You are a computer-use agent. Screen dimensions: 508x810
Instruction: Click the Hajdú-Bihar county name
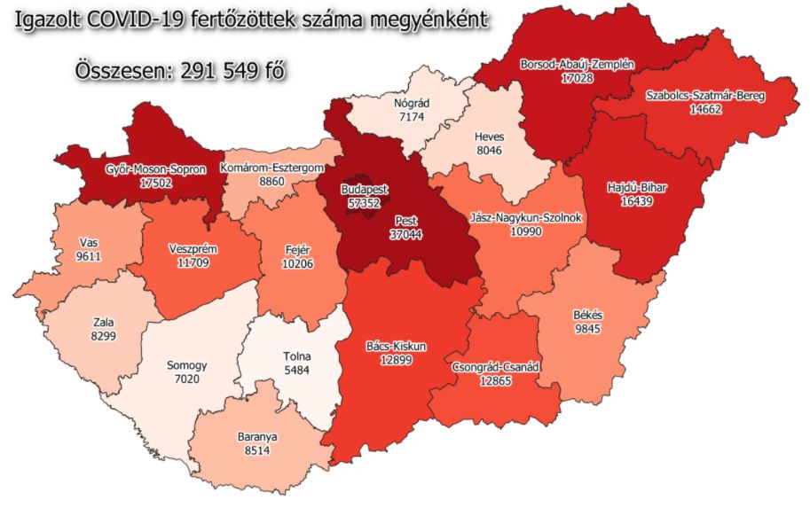click(x=637, y=188)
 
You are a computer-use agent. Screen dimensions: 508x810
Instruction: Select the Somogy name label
click(x=186, y=364)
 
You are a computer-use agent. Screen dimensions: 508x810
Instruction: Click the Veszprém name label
click(x=193, y=249)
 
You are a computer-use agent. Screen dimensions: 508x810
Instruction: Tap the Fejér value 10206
click(x=298, y=264)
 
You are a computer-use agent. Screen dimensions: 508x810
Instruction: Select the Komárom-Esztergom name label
click(x=272, y=167)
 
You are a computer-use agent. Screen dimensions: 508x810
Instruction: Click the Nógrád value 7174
click(x=411, y=116)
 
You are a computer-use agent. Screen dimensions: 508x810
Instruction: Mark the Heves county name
click(x=489, y=137)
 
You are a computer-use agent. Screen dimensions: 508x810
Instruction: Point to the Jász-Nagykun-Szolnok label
click(x=526, y=216)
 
